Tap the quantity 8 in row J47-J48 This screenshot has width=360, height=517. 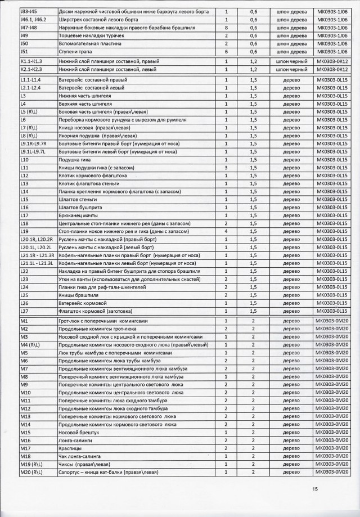[226, 27]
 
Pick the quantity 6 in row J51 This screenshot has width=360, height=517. [226, 51]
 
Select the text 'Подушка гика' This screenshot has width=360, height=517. [74, 160]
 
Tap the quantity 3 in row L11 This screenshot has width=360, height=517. [226, 168]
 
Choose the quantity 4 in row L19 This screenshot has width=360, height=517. [226, 231]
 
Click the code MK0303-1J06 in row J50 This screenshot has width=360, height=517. [330, 43]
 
